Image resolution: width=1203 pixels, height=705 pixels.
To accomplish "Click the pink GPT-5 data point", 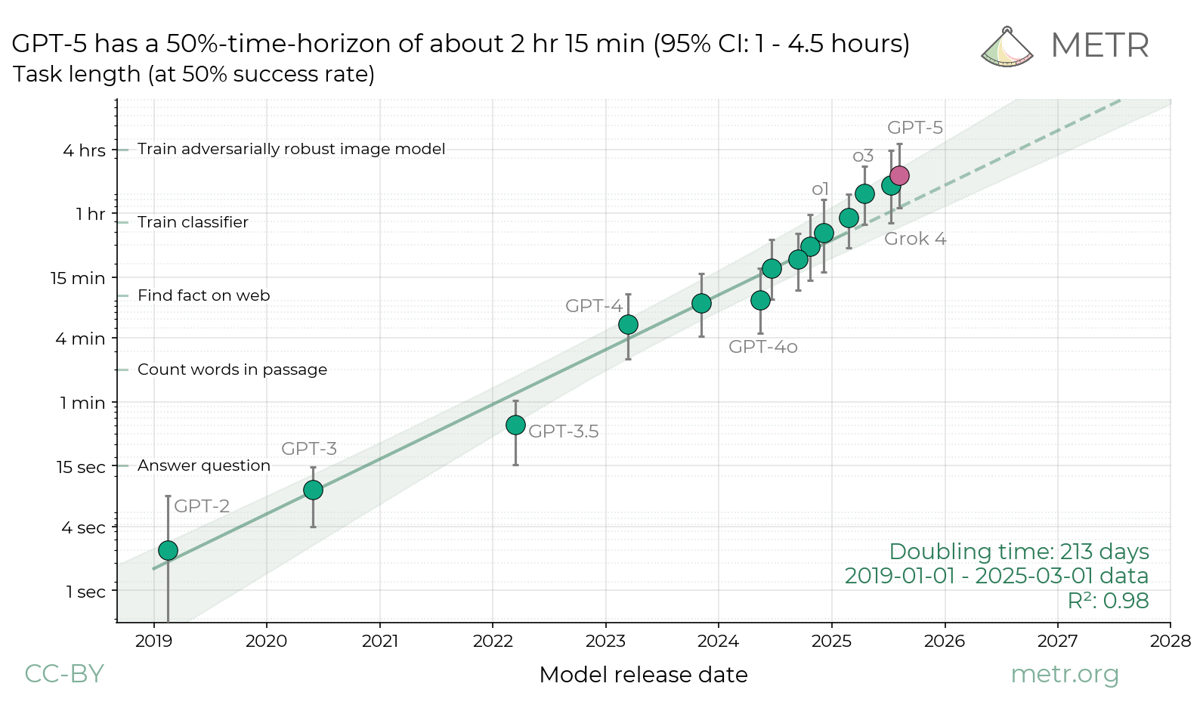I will tap(899, 175).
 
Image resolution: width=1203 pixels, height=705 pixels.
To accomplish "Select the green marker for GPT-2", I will tap(168, 550).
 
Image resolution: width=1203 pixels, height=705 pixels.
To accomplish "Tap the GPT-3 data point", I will tap(313, 490).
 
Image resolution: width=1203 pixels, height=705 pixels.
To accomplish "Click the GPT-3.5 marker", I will tap(515, 425).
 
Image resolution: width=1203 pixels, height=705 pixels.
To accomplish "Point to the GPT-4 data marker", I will tap(628, 324).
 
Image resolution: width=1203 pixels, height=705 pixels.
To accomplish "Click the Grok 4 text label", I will tap(915, 239).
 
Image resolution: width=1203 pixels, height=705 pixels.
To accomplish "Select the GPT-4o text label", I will tap(762, 347).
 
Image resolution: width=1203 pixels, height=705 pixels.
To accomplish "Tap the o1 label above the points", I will tap(820, 189).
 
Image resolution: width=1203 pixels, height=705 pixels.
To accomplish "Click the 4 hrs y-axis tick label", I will tap(84, 150).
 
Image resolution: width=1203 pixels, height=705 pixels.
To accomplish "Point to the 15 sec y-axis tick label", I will tap(81, 467).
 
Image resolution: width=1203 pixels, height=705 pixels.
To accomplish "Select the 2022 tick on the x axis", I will tap(493, 641).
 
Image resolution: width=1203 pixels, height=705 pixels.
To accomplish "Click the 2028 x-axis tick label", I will tap(1171, 641).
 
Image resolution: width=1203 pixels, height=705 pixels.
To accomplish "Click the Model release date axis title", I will tap(643, 675).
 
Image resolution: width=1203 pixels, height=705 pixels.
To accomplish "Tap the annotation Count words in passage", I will tap(232, 370).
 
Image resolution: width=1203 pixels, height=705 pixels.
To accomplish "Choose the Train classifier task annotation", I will tap(193, 222).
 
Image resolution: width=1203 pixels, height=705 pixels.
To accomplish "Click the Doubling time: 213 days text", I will tap(1019, 552).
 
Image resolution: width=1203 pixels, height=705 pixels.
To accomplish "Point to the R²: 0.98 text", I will tap(1108, 601).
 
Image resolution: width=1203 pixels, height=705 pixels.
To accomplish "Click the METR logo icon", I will tap(1007, 48).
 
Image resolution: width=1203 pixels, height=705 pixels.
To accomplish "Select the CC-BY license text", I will tap(64, 673).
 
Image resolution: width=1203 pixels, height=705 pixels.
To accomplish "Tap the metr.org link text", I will tap(1064, 673).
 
